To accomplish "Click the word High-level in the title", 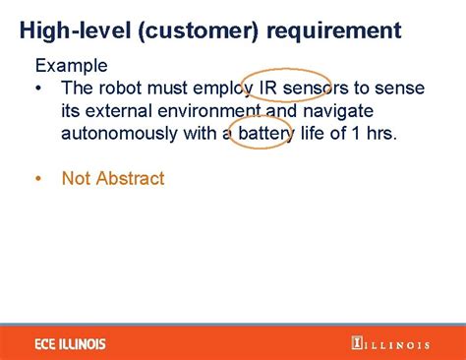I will (75, 30).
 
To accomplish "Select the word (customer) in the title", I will (200, 30).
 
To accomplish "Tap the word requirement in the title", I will (334, 30).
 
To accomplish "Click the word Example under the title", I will (73, 66).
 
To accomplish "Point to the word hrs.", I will (379, 133).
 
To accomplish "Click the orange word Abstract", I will (130, 179).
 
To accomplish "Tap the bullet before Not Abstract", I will (37, 179).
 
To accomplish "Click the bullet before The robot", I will (37, 89).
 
